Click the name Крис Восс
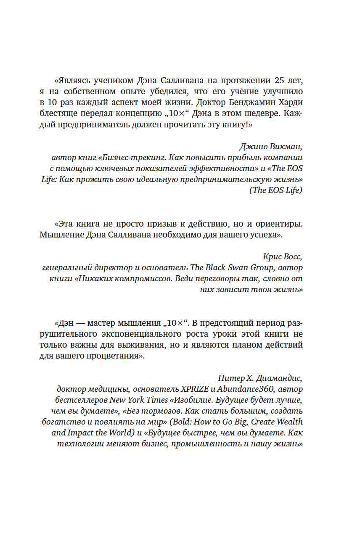[x=281, y=257]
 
